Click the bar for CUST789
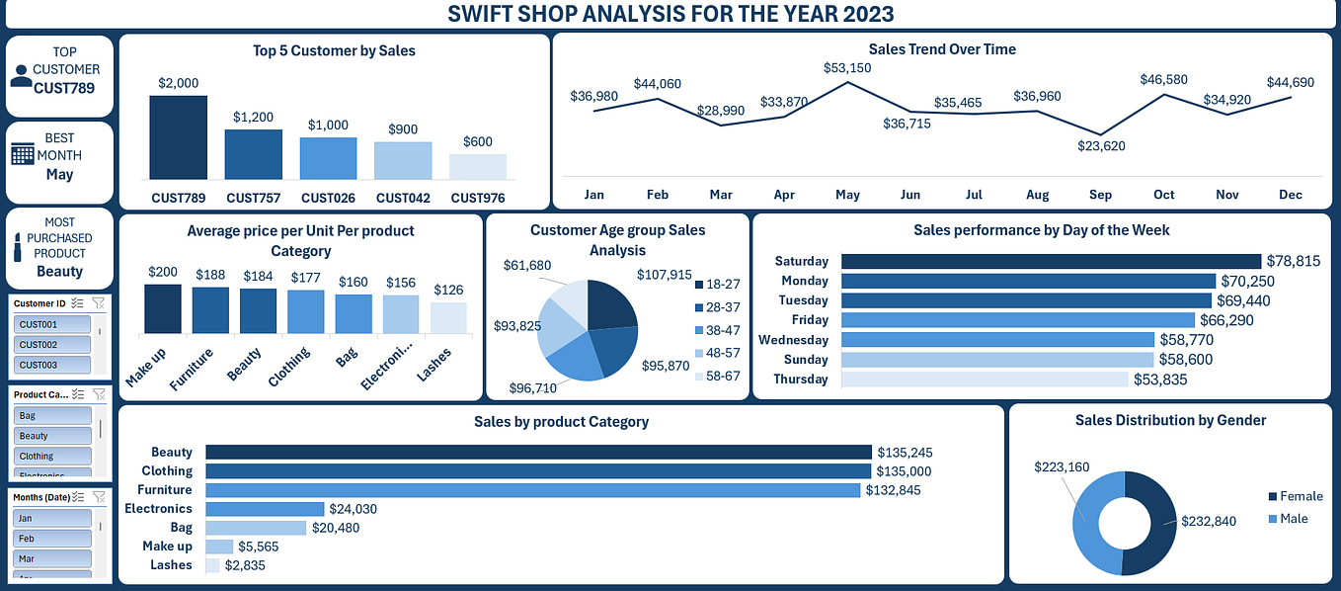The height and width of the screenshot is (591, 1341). pos(179,136)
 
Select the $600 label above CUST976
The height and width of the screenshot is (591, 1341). pos(478,142)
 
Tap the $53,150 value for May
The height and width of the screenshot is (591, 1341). pos(847,68)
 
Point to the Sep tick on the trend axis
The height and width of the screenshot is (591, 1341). pos(1100,195)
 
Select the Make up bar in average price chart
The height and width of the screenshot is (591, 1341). pos(163,309)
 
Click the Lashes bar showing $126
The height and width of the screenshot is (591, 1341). pos(449,317)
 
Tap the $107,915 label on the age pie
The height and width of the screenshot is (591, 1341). pos(665,275)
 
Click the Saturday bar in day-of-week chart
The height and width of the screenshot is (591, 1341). pos(1051,261)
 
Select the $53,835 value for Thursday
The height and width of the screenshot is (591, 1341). pos(1160,380)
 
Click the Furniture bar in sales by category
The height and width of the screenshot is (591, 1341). pos(533,490)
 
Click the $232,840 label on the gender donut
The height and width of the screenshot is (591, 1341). pos(1209,522)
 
